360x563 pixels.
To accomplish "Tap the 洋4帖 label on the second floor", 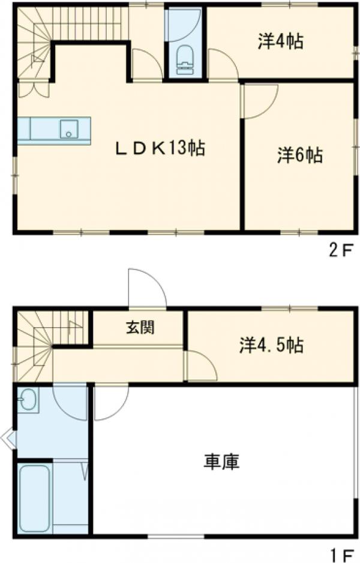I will pos(280,42).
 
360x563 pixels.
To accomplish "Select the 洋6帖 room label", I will pos(299,155).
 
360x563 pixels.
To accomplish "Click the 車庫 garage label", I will pos(222,462).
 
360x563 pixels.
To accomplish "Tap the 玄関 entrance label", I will pos(139,328).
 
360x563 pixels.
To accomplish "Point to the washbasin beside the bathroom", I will pos(27,400).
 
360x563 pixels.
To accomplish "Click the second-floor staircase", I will pos(36,42).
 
